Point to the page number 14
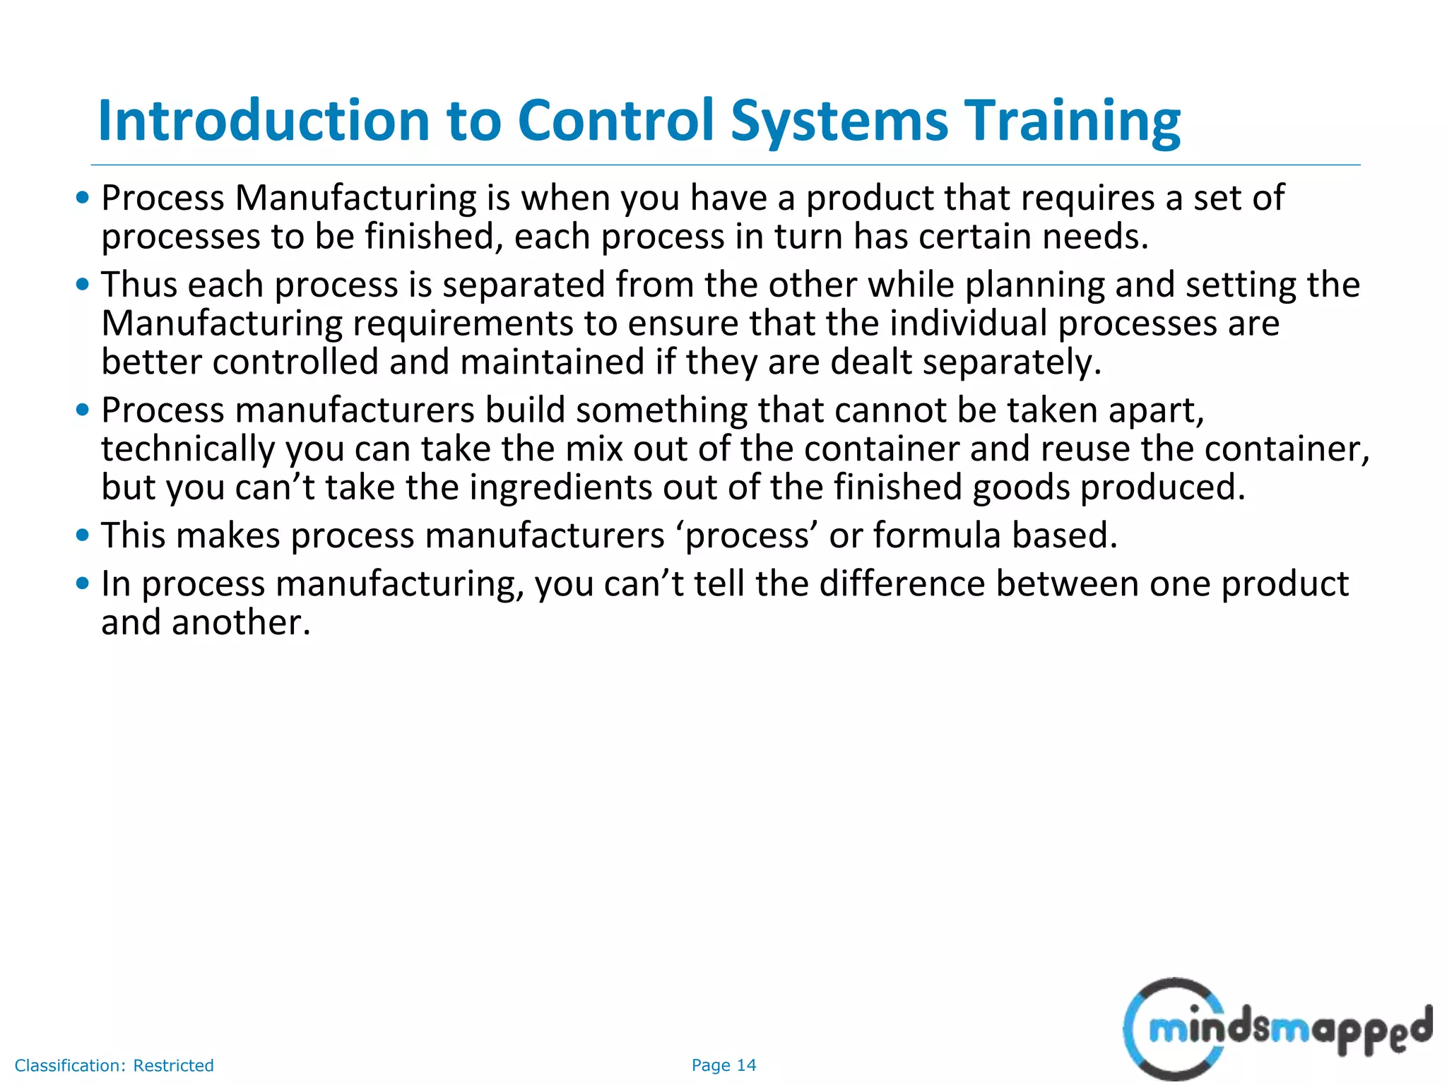click(x=746, y=1065)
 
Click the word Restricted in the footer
click(x=173, y=1065)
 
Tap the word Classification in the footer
click(x=70, y=1065)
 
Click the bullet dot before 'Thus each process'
click(x=83, y=285)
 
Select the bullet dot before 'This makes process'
click(x=83, y=535)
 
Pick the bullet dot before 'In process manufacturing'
click(x=83, y=583)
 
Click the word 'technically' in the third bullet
click(x=188, y=449)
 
